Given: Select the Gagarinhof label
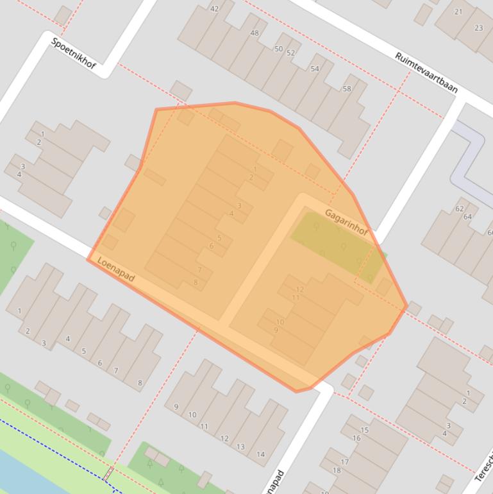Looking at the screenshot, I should tap(346, 222).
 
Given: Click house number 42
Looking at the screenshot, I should tap(214, 9).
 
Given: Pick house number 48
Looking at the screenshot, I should tap(255, 33).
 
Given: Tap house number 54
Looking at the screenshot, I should tap(314, 69).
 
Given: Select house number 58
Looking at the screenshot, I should tap(347, 89).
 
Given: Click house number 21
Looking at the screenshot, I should tap(458, 12).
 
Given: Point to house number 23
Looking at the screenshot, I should tap(478, 28).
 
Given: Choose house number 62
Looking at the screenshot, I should tap(459, 209).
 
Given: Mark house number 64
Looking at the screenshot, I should tap(467, 217).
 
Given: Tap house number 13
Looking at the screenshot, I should tap(240, 447).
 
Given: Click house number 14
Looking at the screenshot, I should tap(260, 454).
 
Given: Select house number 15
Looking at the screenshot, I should tap(364, 430).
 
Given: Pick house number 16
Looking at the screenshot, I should tap(356, 438).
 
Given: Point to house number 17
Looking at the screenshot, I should tap(344, 462).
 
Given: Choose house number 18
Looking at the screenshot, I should tap(337, 470).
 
